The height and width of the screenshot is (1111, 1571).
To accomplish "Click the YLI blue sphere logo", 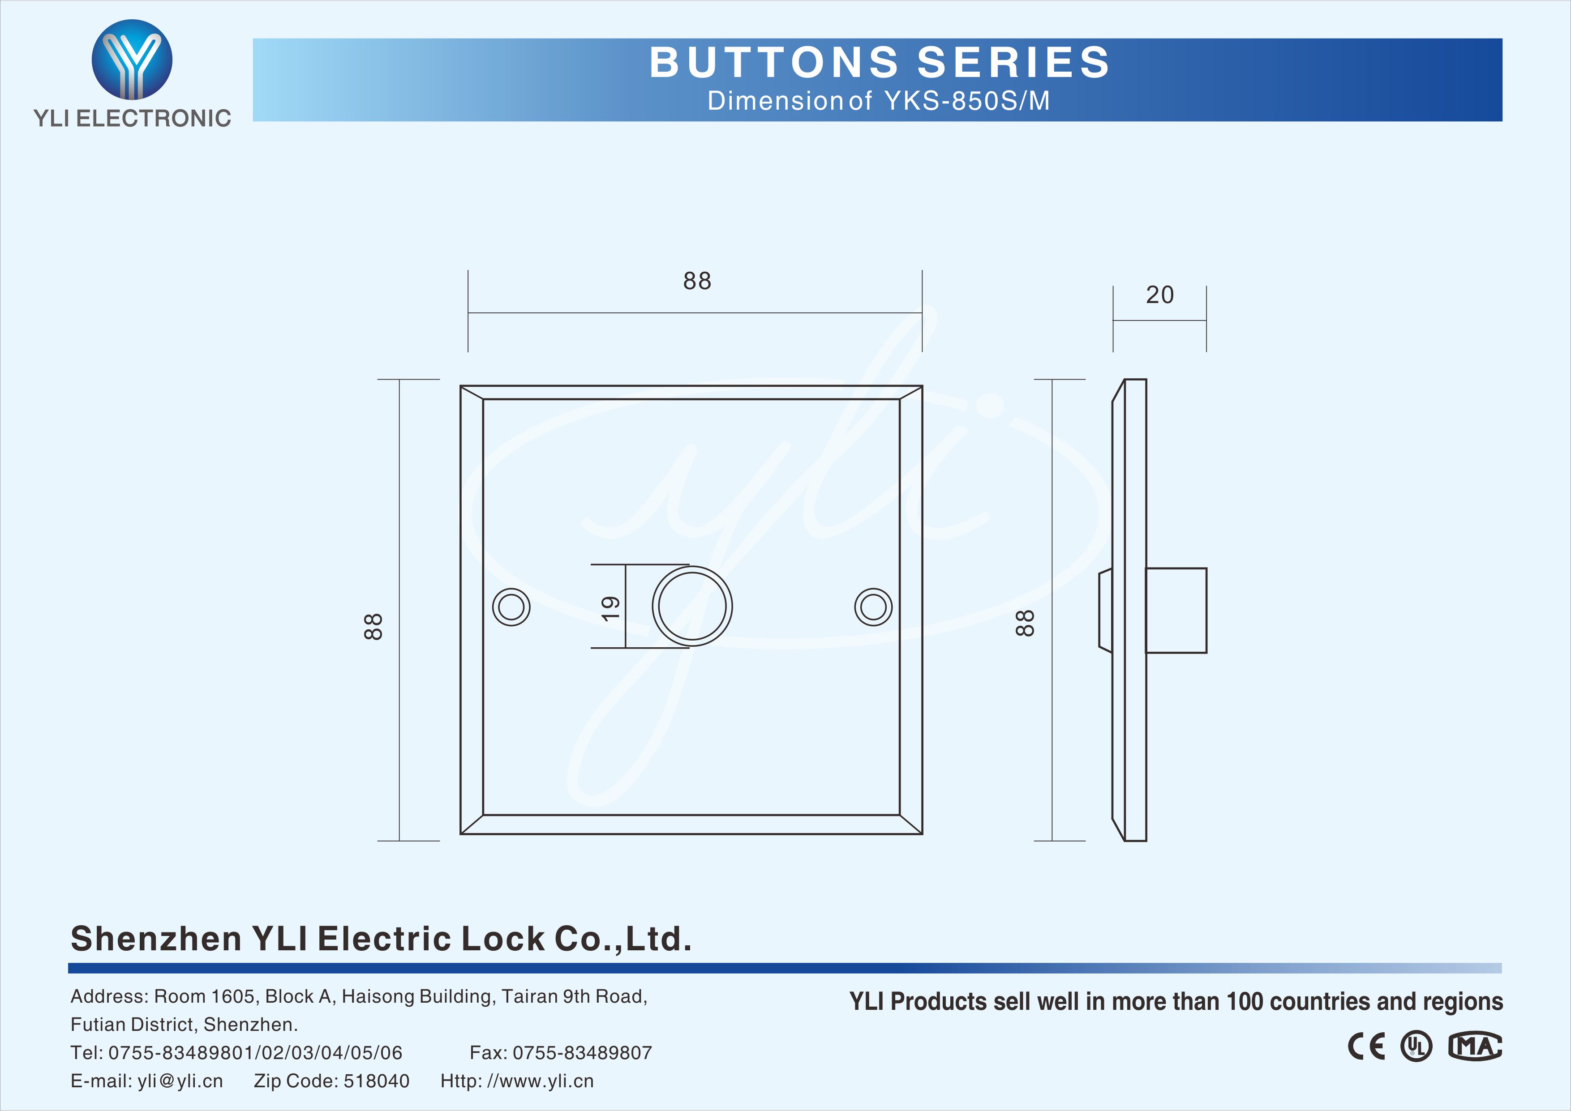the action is pyautogui.click(x=132, y=60).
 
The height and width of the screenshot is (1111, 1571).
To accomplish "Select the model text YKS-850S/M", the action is pyautogui.click(x=967, y=101).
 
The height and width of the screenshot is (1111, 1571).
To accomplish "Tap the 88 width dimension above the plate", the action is pyautogui.click(x=697, y=281).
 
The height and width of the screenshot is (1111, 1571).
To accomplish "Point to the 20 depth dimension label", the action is pyautogui.click(x=1160, y=295).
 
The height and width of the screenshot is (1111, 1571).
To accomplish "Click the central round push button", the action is pyautogui.click(x=692, y=606).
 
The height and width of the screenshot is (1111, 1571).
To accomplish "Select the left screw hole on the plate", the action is pyautogui.click(x=511, y=607).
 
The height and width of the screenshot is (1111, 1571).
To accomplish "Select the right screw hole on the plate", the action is pyautogui.click(x=873, y=607).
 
